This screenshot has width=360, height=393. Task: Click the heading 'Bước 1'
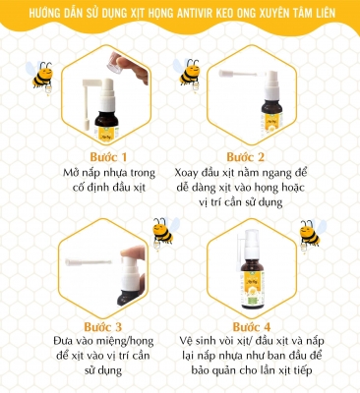(108, 157)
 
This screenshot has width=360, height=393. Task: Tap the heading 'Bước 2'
(245, 157)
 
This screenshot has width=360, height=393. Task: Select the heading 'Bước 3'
(103, 327)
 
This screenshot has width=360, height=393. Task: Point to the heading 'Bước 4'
(252, 327)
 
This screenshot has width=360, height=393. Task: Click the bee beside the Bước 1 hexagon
(39, 77)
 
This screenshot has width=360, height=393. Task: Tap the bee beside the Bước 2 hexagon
(186, 74)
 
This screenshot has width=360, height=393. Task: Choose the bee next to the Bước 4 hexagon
(312, 234)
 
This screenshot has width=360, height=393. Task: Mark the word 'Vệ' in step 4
(186, 341)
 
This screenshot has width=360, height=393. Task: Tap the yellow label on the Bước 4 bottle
(253, 287)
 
